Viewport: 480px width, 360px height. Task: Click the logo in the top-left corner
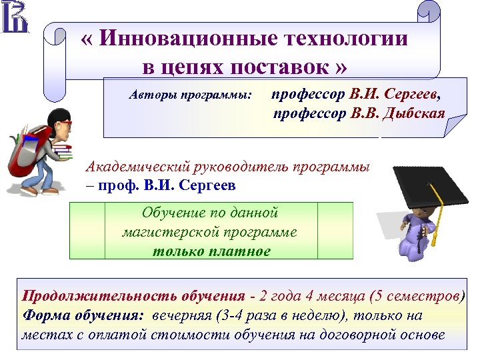15,17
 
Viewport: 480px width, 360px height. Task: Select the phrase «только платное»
212,251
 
